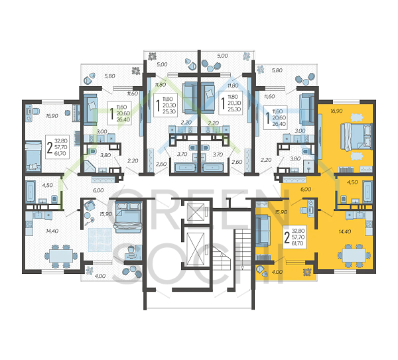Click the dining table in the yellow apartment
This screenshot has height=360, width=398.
(x=350, y=255)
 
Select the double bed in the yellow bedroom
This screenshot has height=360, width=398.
(x=352, y=136)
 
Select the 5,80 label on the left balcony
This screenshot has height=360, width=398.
(x=110, y=77)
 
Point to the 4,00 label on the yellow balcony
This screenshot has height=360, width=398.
(x=276, y=271)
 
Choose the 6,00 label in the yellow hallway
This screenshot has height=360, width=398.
(x=306, y=189)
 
